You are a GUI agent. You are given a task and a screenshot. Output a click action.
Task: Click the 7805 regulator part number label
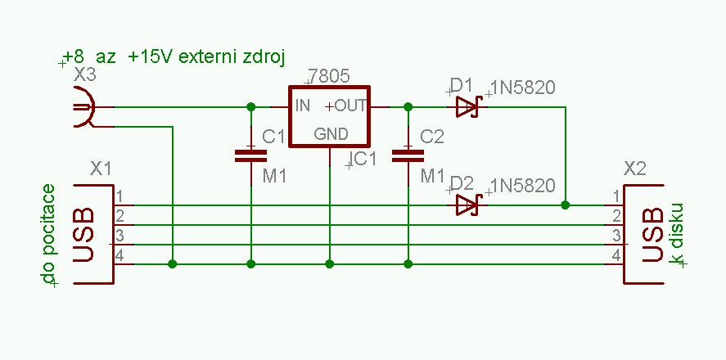331,76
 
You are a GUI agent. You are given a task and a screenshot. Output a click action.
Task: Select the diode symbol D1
467,106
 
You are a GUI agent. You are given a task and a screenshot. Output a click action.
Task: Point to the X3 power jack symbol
83,107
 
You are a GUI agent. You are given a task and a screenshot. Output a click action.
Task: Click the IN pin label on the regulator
303,106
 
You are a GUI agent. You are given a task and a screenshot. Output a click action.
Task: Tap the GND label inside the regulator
331,133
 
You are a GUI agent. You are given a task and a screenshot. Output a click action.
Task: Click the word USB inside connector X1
85,235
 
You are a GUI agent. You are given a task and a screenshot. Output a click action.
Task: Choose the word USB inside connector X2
652,235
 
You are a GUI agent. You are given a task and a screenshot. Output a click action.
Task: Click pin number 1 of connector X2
615,197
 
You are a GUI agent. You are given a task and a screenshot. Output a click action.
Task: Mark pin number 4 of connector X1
119,257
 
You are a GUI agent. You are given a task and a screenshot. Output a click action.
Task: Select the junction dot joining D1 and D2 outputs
566,204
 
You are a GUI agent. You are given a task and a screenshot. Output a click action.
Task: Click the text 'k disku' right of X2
676,234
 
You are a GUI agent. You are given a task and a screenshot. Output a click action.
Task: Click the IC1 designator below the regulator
363,160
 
